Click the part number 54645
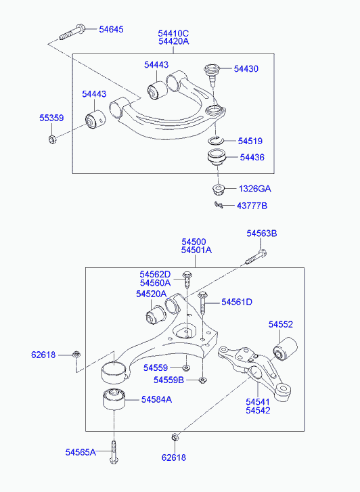tap(111, 29)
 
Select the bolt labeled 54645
tap(72, 32)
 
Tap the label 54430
tap(246, 69)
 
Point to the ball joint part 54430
tap(211, 74)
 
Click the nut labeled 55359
tap(52, 138)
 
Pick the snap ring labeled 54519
tap(217, 141)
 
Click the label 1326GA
tap(254, 189)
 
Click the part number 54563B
tap(262, 233)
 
